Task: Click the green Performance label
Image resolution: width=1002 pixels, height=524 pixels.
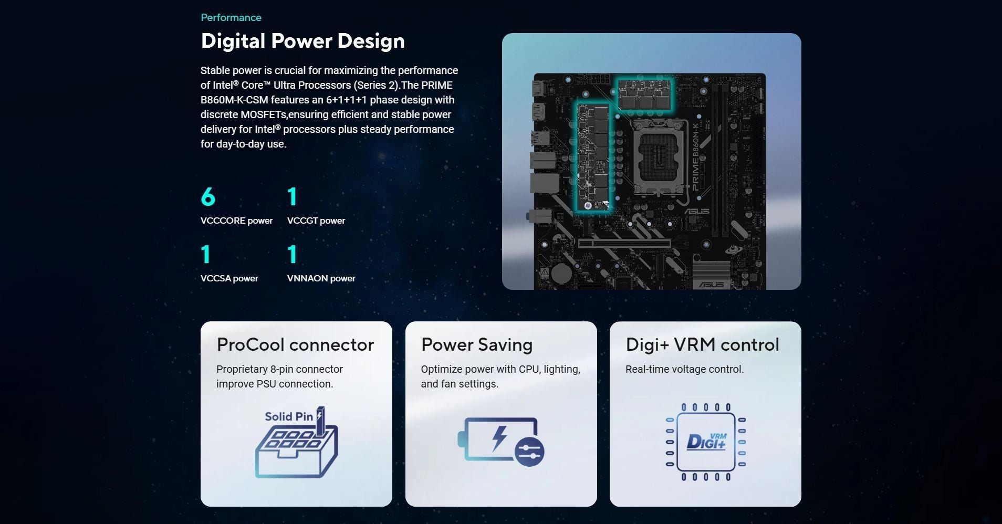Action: [231, 17]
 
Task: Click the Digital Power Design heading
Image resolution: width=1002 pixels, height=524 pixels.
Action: [302, 41]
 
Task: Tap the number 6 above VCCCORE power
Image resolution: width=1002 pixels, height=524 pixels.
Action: [208, 197]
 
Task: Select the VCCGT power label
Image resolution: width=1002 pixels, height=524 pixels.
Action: [316, 221]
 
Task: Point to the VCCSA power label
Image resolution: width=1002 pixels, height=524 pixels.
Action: [229, 278]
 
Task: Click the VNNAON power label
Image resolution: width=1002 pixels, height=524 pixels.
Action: [321, 278]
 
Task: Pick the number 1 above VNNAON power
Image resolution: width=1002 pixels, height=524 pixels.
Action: [293, 254]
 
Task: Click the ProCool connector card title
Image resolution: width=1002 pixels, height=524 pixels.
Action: [295, 344]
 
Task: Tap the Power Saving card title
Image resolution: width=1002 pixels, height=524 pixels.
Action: [477, 344]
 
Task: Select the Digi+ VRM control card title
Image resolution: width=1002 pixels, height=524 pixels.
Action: [702, 344]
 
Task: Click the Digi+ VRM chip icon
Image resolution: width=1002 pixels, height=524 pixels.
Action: [705, 442]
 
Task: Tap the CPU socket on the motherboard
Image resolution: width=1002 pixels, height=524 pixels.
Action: [660, 158]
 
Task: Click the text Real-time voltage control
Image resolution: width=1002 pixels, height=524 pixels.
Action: [684, 369]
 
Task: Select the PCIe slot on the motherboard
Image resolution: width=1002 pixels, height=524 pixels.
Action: [624, 244]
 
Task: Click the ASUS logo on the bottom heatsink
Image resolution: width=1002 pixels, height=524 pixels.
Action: [711, 284]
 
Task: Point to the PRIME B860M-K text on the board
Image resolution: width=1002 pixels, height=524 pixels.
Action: [695, 157]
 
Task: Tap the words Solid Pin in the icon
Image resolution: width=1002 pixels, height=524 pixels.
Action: [288, 416]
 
